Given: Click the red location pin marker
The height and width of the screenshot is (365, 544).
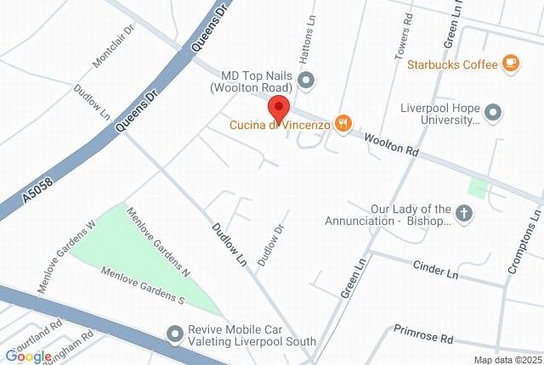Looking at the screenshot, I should tap(279, 109).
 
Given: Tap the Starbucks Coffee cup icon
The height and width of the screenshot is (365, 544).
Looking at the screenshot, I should tap(510, 62).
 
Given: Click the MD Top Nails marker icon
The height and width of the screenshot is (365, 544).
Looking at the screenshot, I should tap(308, 81).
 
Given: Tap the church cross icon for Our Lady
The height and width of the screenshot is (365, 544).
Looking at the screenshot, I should tap(464, 215).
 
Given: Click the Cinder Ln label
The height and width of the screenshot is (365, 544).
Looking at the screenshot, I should tap(435, 271).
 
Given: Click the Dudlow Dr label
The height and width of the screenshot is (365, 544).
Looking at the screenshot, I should tap(269, 242).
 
